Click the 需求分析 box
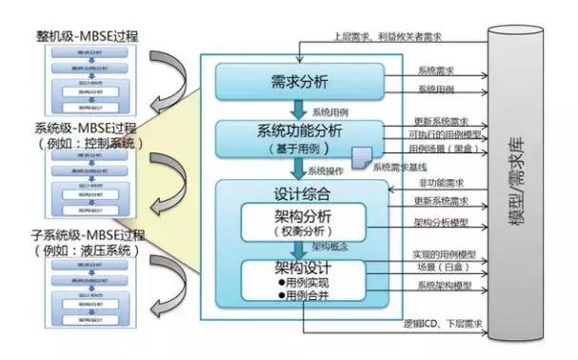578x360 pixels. tap(300, 81)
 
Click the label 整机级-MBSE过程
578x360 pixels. tap(88, 36)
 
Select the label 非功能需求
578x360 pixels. tap(440, 183)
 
